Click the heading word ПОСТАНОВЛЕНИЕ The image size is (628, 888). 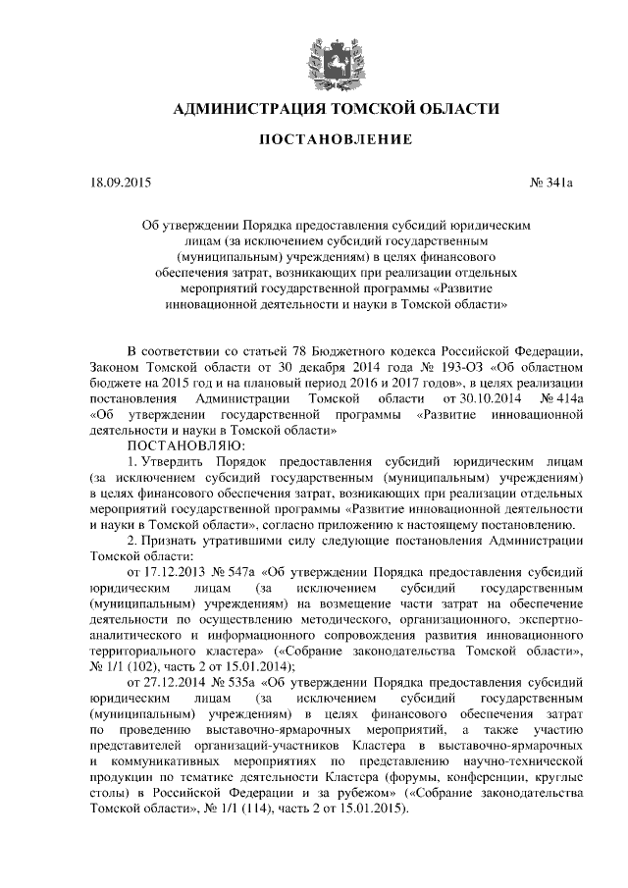click(335, 141)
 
